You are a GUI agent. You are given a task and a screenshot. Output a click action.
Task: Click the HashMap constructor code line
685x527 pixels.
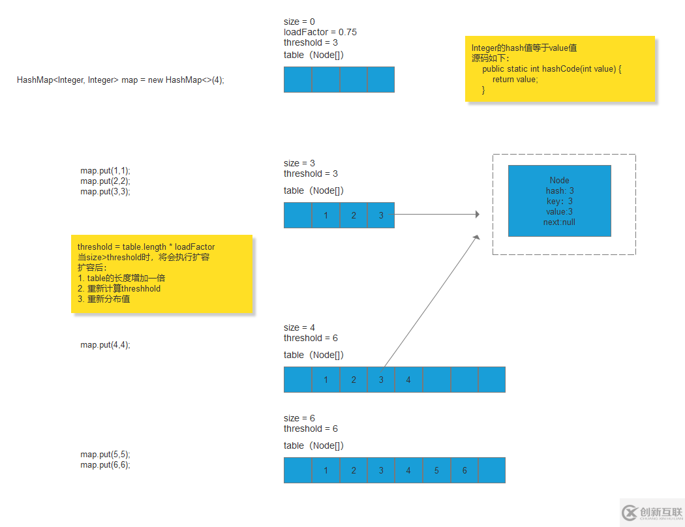[121, 80]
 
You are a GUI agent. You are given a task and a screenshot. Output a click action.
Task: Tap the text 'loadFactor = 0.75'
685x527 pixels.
[320, 32]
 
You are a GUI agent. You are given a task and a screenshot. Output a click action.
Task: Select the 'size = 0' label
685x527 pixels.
[299, 22]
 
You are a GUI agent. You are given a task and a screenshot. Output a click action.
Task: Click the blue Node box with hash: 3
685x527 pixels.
[559, 201]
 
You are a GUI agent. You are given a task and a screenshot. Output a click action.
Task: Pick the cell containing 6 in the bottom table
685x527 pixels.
[464, 470]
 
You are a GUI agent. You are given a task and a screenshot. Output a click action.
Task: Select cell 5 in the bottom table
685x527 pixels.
[436, 470]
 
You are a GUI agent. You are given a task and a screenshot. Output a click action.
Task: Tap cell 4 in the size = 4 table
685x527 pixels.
[408, 380]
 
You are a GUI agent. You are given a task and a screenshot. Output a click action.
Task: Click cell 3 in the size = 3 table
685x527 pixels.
[381, 215]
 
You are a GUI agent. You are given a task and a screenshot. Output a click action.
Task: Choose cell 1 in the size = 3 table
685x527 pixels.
[326, 215]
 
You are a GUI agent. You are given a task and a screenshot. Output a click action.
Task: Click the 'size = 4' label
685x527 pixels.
[299, 327]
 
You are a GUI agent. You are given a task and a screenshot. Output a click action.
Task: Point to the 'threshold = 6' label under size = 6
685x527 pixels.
[311, 429]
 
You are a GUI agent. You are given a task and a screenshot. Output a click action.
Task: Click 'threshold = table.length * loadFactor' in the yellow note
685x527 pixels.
[146, 247]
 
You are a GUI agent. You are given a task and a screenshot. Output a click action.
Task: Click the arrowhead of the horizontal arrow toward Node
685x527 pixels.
[477, 214]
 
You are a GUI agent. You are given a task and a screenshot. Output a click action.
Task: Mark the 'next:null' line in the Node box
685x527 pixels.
[559, 222]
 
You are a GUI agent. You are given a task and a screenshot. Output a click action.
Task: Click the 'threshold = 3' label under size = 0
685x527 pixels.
[311, 42]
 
